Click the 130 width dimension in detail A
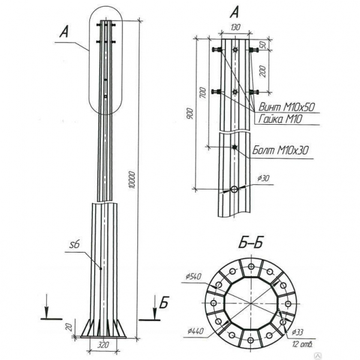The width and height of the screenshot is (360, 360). [235, 28]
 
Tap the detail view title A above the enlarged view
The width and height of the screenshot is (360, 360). [235, 10]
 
